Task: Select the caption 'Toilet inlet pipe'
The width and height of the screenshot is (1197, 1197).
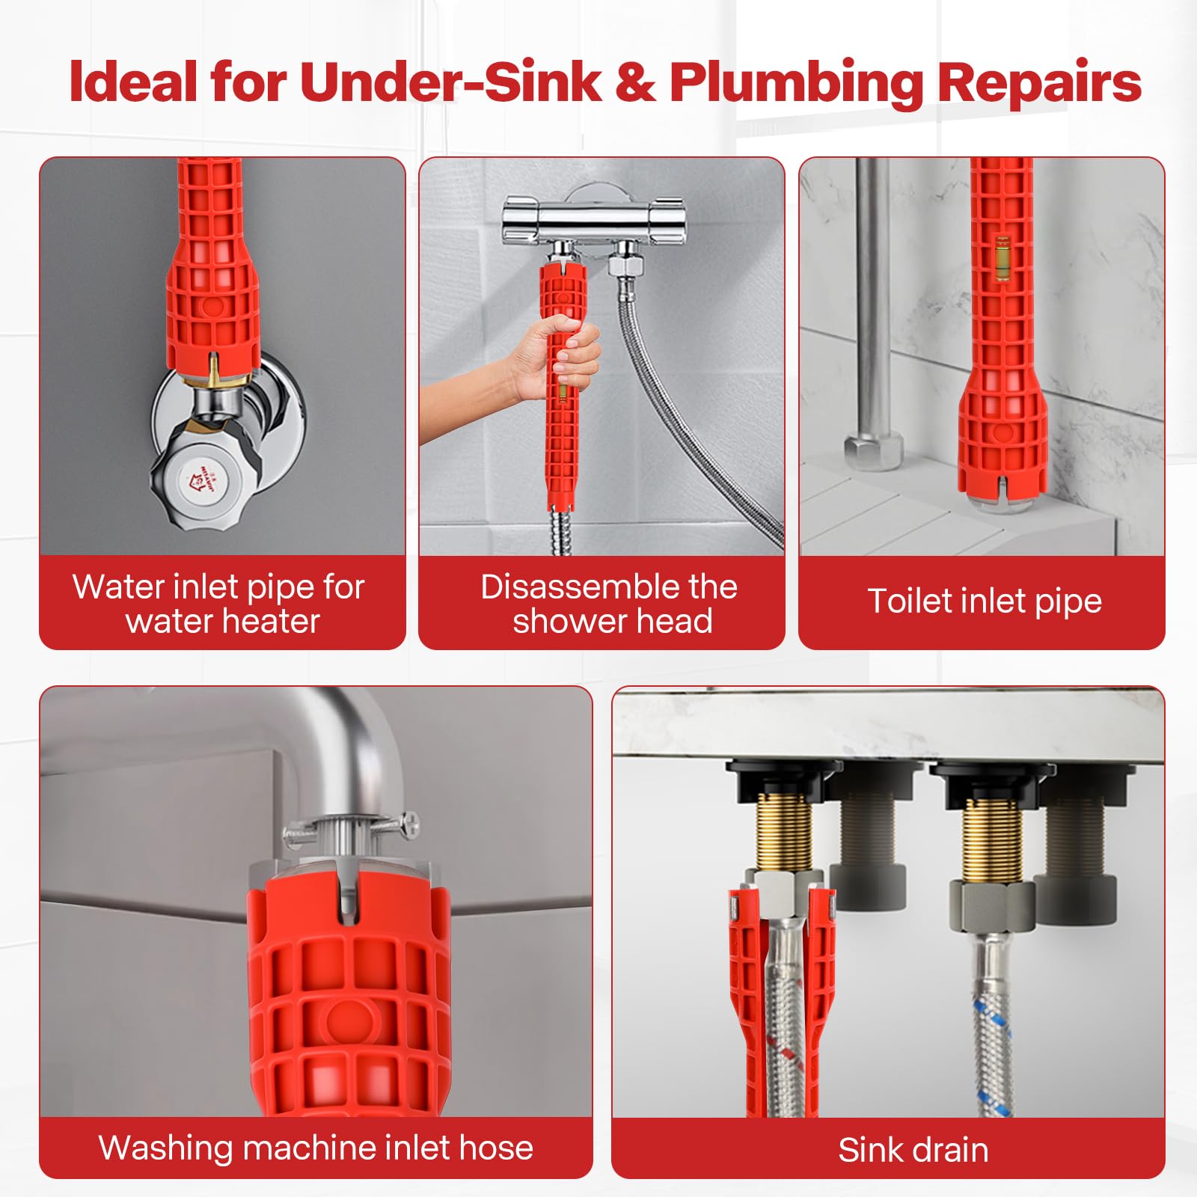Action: (984, 601)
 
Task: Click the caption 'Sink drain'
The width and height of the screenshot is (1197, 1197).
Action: (913, 1150)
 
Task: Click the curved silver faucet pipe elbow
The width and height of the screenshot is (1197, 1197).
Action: (352, 748)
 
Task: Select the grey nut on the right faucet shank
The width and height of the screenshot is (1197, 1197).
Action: (991, 905)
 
